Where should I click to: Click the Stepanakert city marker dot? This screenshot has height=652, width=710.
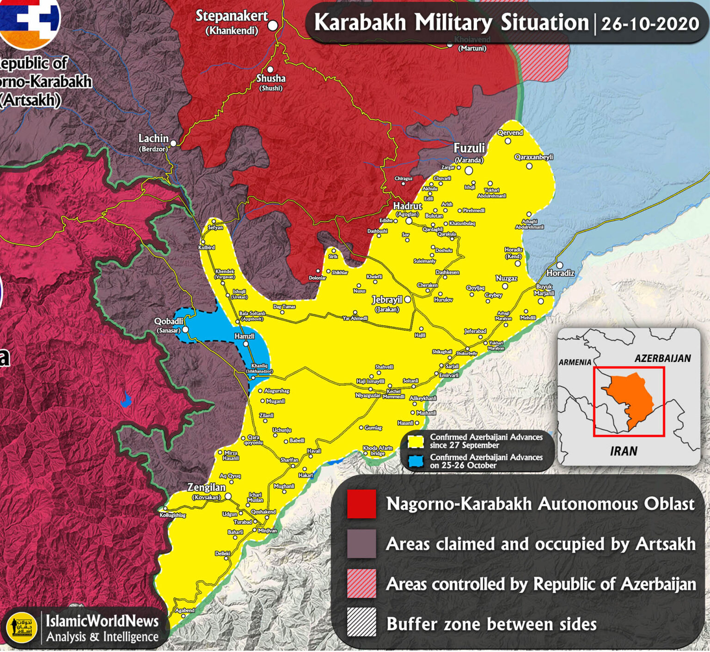coord(273,25)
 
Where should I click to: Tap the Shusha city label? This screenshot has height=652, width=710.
coord(271,79)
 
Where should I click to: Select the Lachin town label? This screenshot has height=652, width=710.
coord(153,138)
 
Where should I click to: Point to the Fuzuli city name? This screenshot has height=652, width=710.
coord(469,148)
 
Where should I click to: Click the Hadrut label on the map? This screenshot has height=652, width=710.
coord(407,206)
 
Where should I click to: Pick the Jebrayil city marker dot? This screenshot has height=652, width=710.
coord(408,299)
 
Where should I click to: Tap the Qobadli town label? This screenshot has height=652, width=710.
coord(169,321)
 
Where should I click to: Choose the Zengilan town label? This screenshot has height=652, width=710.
coord(206,487)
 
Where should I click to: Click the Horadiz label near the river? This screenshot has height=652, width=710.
coord(560,273)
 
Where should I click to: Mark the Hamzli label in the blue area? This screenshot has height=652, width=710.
coord(244,336)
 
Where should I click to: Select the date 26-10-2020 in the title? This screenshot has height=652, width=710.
coord(649,24)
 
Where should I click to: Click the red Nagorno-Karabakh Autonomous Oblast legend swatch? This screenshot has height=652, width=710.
coord(361,504)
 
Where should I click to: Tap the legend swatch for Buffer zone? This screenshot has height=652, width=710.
coord(361,622)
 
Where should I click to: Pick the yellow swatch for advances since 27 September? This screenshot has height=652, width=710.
coord(416,441)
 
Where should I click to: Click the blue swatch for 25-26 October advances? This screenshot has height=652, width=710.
coord(416,461)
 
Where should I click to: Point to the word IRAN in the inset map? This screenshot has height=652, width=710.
coord(624,451)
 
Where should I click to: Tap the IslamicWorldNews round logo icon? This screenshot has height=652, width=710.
coord(22,628)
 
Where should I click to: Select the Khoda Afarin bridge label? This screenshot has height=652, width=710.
coord(377,451)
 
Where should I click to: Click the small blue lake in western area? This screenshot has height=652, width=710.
coord(126,400)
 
